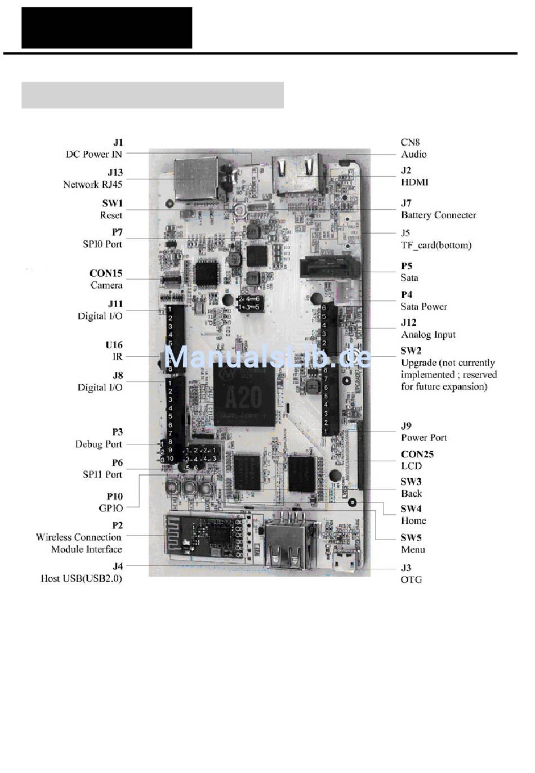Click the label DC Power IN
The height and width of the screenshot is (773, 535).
pyautogui.click(x=94, y=154)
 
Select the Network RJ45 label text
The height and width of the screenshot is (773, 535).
pyautogui.click(x=93, y=184)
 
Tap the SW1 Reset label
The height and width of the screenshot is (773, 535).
pyautogui.click(x=112, y=209)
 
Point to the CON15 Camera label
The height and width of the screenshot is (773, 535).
pyautogui.click(x=106, y=279)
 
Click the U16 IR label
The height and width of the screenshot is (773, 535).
pyautogui.click(x=114, y=350)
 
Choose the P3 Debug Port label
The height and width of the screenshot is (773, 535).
pyautogui.click(x=99, y=438)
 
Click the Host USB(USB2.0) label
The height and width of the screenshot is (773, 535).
pyautogui.click(x=82, y=578)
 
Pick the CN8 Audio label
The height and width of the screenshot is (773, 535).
pyautogui.click(x=413, y=149)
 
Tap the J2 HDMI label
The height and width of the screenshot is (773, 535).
pyautogui.click(x=414, y=176)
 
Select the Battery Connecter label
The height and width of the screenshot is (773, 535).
pyautogui.click(x=438, y=215)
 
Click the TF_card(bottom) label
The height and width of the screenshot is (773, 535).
pyautogui.click(x=436, y=245)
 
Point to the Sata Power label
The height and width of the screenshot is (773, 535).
pyautogui.click(x=423, y=307)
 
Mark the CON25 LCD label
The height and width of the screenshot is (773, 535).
pyautogui.click(x=417, y=460)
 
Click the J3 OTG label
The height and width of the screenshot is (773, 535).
pyautogui.click(x=411, y=573)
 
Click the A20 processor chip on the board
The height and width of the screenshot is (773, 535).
pyautogui.click(x=244, y=396)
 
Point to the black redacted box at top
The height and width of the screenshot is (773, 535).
pyautogui.click(x=107, y=28)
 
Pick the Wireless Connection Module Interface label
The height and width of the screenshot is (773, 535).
pyautogui.click(x=79, y=543)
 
